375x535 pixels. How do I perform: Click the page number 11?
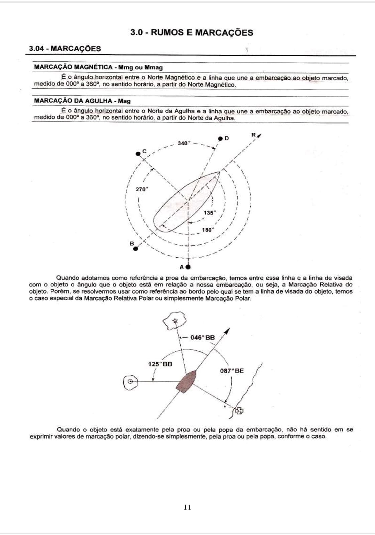point(187,507)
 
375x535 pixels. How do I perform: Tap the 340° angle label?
point(183,143)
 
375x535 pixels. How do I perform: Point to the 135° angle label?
point(210,213)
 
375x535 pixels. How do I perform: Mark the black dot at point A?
point(188,267)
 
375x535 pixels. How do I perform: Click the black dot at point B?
point(135,249)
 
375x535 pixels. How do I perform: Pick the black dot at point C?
point(138,154)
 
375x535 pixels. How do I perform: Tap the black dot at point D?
point(220,138)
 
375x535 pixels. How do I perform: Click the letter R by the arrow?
point(253,135)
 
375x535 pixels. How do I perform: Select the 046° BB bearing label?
point(202,338)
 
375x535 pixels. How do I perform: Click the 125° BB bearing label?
point(160,364)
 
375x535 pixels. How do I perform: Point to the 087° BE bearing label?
point(232,371)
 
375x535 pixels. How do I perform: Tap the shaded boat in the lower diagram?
point(186,382)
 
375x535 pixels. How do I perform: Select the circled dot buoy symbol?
point(130,382)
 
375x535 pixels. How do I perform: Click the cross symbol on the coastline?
point(239,411)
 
